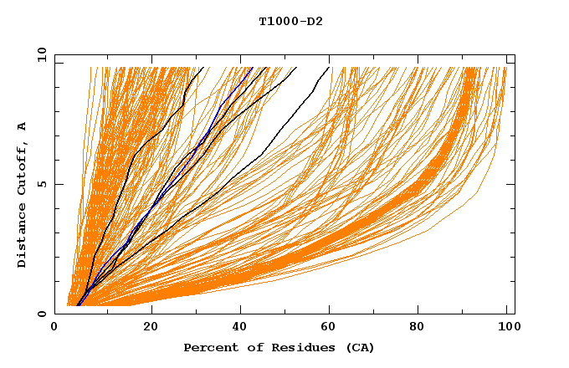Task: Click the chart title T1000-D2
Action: [x=290, y=22]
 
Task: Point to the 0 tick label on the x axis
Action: [x=54, y=328]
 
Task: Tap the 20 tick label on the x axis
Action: [x=151, y=328]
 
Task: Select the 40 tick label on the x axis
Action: [x=241, y=328]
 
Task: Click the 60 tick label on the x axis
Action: [x=331, y=328]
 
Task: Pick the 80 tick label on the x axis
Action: [x=422, y=328]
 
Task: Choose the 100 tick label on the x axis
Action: [x=509, y=328]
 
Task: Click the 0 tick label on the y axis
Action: [x=41, y=314]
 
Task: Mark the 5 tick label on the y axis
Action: [x=41, y=184]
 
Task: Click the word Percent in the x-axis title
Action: [x=209, y=347]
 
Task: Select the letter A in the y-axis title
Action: [x=22, y=127]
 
